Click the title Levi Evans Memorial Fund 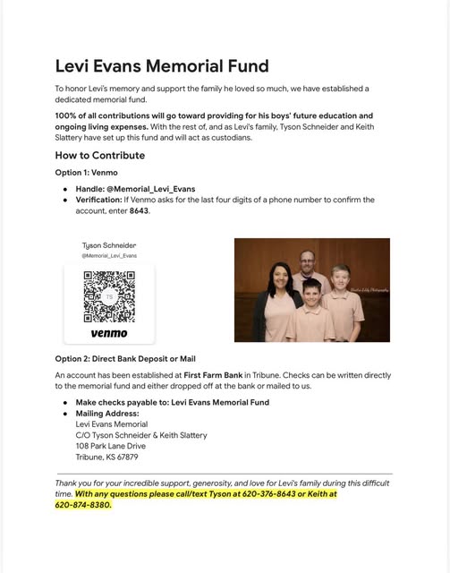[x=162, y=66]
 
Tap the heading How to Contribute [x=99, y=155]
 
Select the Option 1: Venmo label [x=86, y=172]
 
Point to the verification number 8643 [x=139, y=210]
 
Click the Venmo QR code [x=109, y=296]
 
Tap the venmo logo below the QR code [x=109, y=333]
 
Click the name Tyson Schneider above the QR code [x=109, y=245]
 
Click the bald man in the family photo [x=308, y=261]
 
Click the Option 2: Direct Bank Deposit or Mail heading [x=125, y=359]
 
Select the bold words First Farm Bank [x=214, y=375]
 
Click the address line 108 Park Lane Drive [x=111, y=446]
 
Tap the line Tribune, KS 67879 [x=106, y=457]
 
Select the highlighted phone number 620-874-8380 [x=82, y=505]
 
